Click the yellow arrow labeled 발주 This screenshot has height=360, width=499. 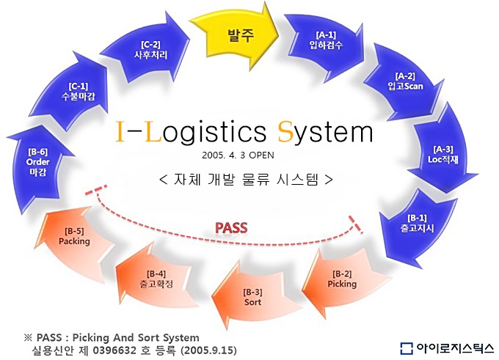point(238,36)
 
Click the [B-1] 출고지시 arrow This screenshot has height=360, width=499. point(417,227)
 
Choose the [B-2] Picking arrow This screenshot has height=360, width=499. point(343,281)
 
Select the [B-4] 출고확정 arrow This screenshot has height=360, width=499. point(156,277)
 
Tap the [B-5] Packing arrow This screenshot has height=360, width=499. point(74,239)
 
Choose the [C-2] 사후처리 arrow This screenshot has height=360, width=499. point(150,51)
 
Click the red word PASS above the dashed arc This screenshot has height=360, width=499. point(231,228)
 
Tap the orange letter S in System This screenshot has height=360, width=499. point(285,131)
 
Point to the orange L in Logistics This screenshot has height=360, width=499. point(153,131)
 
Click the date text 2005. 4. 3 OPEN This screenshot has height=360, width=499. point(238,155)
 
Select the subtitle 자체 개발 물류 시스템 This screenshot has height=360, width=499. point(246,180)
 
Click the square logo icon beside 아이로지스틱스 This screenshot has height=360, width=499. point(407,348)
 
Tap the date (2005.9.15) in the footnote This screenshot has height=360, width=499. point(208,350)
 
